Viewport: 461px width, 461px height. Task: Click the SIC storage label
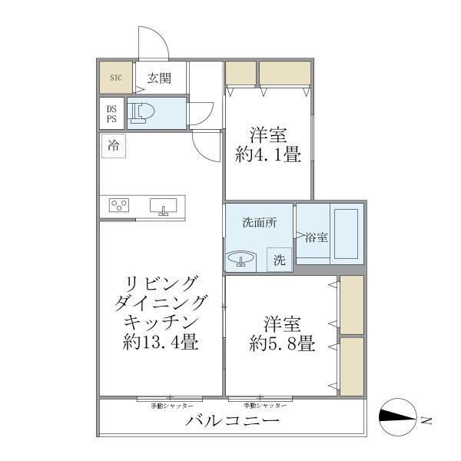click(115, 78)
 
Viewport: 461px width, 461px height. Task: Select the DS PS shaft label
click(112, 114)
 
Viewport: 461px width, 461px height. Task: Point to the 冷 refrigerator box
click(114, 145)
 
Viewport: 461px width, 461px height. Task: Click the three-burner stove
click(119, 205)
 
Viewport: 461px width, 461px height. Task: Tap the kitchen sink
click(162, 206)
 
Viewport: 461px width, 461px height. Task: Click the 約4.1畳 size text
click(267, 154)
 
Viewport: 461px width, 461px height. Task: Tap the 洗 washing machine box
click(280, 260)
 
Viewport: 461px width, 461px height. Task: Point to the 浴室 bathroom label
click(317, 237)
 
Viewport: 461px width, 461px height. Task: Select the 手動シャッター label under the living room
click(171, 405)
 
